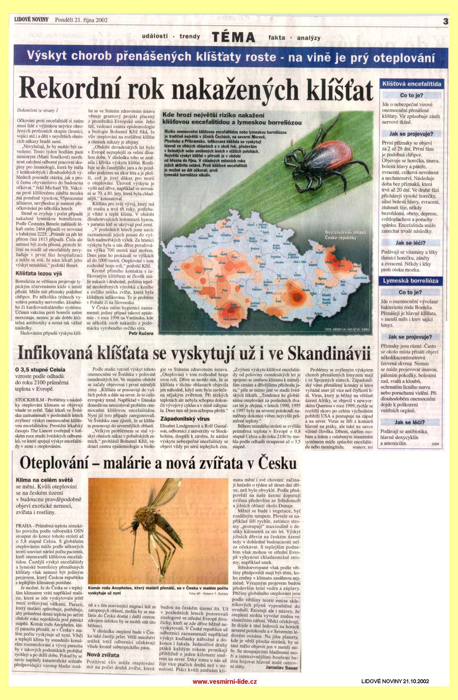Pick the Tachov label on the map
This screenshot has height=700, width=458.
pyautogui.click(x=177, y=269)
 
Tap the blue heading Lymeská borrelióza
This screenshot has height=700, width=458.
pyautogui.click(x=410, y=281)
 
